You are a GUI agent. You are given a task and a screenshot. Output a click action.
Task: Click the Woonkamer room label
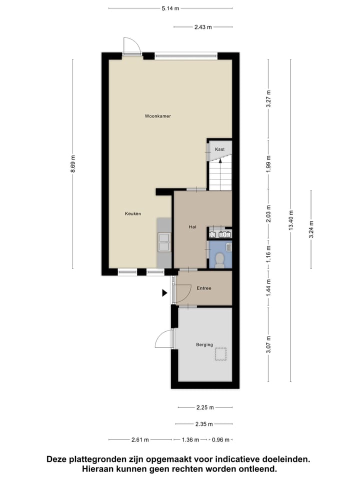[158, 116]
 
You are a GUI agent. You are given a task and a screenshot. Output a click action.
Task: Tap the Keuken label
[133, 213]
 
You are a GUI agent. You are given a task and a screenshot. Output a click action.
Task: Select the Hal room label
[192, 227]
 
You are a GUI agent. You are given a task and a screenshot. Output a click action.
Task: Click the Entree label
[204, 288]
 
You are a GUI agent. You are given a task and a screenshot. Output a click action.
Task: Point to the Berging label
[204, 344]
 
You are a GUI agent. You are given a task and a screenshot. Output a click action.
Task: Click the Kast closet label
[220, 149]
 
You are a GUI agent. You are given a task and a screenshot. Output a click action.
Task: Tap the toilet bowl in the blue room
[219, 259]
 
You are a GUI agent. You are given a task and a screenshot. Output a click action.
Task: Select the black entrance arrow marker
[164, 293]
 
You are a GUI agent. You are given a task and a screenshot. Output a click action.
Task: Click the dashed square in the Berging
[220, 354]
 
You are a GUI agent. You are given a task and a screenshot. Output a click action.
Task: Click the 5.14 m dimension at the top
[170, 8]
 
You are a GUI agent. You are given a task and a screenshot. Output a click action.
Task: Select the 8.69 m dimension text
[72, 164]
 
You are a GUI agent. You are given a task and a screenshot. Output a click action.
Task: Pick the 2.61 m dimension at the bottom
[140, 440]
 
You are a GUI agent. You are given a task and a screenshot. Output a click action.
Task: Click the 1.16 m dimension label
[268, 247]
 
